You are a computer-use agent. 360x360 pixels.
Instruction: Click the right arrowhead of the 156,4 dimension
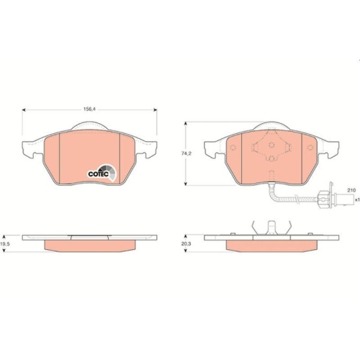pyautogui.click(x=156, y=110)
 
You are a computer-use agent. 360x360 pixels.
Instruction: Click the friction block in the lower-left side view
pyautogui.click(x=91, y=246)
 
